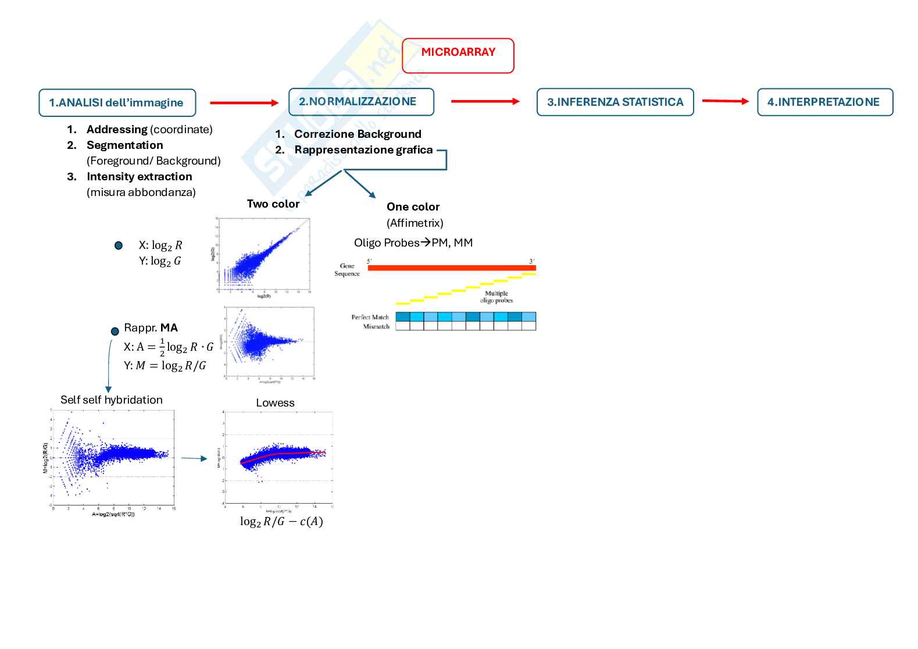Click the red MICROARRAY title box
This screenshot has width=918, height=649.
[458, 55]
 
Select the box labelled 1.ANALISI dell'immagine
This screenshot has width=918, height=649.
[117, 103]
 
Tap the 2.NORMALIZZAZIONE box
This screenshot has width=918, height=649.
[361, 102]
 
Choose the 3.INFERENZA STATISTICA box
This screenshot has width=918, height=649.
[615, 102]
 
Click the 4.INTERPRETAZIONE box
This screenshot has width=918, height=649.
[824, 102]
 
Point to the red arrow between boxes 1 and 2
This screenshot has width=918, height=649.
[244, 103]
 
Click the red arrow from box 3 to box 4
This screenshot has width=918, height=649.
[725, 101]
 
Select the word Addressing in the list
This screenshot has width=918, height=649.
[117, 130]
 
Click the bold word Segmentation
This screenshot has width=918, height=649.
[124, 145]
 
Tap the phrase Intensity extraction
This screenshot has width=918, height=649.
[139, 177]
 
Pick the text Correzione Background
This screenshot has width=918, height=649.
[358, 134]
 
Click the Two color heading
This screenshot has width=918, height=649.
[273, 204]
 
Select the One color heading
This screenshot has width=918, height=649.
[413, 207]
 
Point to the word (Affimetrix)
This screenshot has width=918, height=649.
[415, 223]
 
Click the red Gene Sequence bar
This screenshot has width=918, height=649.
[452, 268]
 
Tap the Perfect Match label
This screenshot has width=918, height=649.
[370, 318]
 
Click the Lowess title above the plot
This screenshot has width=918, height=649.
[275, 403]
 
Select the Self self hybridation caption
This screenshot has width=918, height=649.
[112, 400]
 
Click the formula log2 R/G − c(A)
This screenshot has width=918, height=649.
[281, 522]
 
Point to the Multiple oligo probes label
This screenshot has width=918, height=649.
[496, 297]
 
